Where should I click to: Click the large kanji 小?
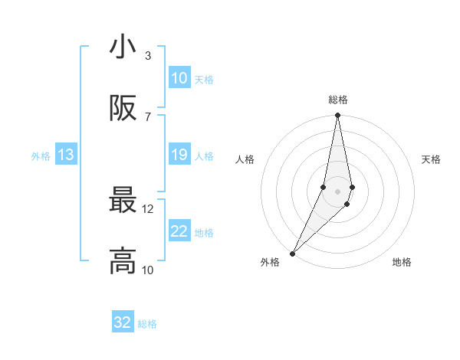123,47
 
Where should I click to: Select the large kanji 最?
123,200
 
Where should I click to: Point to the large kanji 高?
123,260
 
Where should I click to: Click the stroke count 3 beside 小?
148,56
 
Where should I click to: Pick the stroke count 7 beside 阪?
148,116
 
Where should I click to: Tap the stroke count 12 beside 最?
148,208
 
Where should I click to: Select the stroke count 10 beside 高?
148,270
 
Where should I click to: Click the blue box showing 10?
179,78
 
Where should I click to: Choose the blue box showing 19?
179,155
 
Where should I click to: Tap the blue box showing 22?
179,231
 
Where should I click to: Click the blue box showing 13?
66,155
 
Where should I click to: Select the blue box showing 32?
123,322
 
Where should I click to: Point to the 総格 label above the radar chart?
338,100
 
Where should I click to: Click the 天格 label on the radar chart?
432,159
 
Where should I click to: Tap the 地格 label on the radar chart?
402,262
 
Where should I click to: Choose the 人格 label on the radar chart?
245,159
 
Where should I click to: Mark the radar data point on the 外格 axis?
292,253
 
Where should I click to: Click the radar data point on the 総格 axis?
337,116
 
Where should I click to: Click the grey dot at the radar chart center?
337,191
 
